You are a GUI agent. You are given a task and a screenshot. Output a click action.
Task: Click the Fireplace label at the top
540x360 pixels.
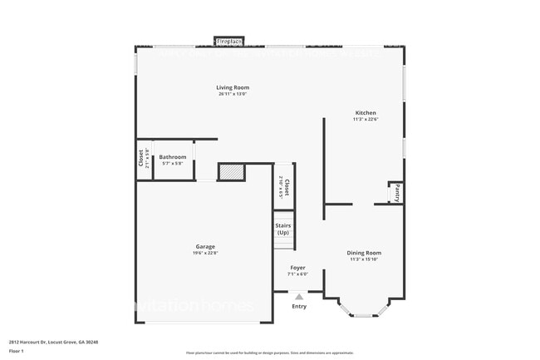tap(228, 40)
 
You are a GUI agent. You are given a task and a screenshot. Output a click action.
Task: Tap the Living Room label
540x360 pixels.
tap(233, 87)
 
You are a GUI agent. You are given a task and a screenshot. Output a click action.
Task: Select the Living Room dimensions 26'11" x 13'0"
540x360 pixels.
tap(233, 94)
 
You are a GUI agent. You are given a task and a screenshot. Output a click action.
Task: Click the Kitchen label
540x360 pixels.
tap(366, 112)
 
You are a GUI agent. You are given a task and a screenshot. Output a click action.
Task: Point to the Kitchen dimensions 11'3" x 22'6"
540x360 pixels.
tap(366, 119)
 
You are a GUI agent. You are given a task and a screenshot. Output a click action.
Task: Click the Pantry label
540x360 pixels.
tap(397, 193)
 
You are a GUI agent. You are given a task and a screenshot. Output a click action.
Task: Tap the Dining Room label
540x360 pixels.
tap(364, 253)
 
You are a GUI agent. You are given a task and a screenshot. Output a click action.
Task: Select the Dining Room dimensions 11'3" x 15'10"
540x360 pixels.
tap(364, 259)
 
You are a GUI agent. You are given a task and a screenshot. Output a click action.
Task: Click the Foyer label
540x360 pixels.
tap(297, 268)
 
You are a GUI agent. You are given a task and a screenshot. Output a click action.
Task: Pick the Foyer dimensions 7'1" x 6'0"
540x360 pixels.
tap(297, 274)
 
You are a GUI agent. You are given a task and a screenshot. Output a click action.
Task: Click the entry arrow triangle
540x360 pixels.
tap(299, 295)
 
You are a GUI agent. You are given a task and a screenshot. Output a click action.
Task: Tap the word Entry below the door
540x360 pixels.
tap(299, 306)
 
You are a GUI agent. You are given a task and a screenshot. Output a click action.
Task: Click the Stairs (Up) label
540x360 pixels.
tap(283, 229)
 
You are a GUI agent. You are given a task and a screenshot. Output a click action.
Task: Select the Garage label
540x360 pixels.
tap(205, 246)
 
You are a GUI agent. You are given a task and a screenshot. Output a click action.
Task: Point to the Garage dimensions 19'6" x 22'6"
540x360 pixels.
tap(205, 253)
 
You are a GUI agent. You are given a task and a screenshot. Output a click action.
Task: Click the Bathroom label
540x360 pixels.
tap(173, 156)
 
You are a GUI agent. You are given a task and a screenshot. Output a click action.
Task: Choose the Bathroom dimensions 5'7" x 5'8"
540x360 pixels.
tap(173, 163)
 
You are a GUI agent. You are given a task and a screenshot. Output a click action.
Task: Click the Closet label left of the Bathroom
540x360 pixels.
tap(140, 158)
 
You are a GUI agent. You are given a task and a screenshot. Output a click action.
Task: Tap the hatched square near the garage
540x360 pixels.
tap(232, 172)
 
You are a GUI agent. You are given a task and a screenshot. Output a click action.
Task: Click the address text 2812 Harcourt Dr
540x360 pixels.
tap(33, 342)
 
